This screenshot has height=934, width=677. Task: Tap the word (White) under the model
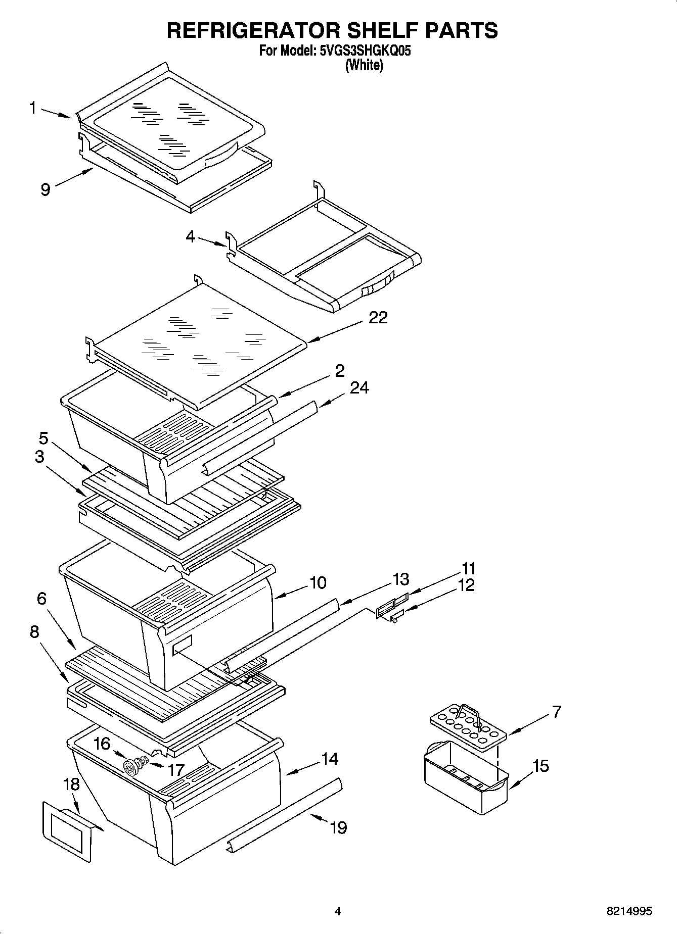click(x=364, y=66)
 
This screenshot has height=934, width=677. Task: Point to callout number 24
click(x=359, y=387)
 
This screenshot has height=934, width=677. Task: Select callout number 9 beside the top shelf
click(x=46, y=189)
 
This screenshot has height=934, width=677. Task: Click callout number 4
click(x=190, y=236)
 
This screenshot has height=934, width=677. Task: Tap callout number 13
click(x=400, y=579)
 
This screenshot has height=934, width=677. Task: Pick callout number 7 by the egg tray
click(x=556, y=712)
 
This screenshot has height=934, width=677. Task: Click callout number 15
click(x=540, y=766)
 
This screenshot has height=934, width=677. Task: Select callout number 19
click(x=338, y=827)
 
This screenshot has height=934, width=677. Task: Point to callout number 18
click(x=72, y=784)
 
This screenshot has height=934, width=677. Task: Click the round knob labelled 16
click(x=132, y=767)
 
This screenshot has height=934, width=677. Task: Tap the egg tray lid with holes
click(x=468, y=728)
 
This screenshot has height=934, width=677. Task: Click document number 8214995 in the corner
click(x=629, y=911)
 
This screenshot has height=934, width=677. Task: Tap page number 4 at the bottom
click(x=338, y=911)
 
